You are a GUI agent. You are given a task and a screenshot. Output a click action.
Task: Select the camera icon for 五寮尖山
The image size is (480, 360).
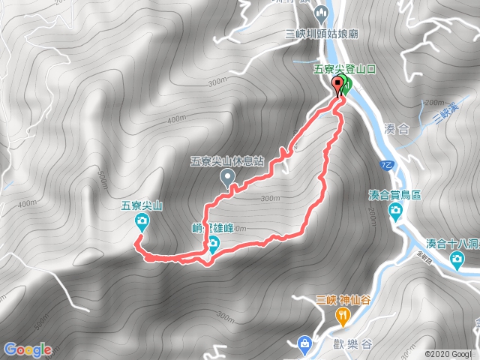(x=142, y=220)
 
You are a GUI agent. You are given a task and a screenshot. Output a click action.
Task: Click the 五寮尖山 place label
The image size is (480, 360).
(x=142, y=204)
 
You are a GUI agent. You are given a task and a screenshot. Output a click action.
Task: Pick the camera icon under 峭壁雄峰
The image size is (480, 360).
(x=214, y=242)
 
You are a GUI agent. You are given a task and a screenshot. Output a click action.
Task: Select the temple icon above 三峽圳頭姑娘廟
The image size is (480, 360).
(x=322, y=13)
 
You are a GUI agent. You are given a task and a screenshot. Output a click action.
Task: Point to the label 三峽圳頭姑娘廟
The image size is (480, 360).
(x=320, y=33)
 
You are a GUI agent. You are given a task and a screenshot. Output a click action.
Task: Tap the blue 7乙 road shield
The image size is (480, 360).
(x=385, y=162)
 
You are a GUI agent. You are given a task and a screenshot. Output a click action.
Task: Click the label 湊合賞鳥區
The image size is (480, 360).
(x=394, y=195)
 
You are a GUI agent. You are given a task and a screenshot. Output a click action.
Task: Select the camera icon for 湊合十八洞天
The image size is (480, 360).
(x=457, y=259)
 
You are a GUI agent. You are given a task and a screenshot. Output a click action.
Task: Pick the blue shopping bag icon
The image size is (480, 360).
(x=304, y=343)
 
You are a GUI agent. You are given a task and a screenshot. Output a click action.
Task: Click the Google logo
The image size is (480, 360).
(x=27, y=349)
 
